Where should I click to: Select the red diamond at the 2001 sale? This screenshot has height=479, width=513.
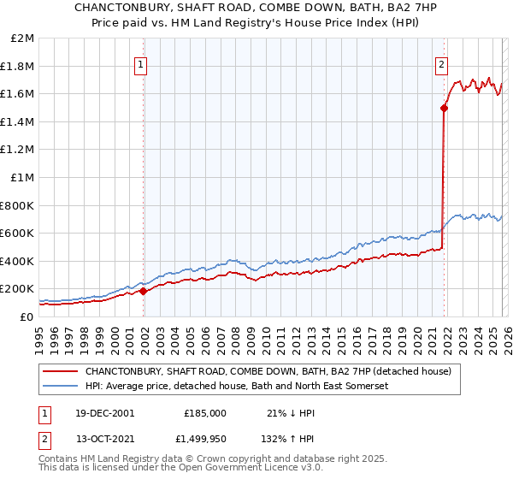(x=144, y=291)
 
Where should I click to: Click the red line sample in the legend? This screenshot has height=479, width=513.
(x=62, y=371)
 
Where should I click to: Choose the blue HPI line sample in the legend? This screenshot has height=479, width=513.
(x=62, y=386)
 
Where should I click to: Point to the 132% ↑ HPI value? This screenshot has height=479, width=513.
(x=286, y=440)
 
